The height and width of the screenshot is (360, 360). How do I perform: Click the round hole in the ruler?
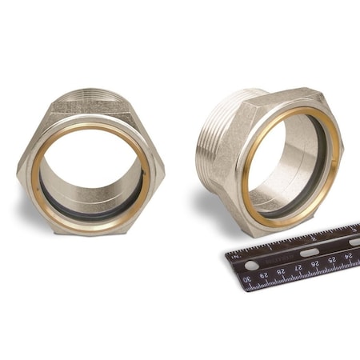252,265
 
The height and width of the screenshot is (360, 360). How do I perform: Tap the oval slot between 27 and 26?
309,253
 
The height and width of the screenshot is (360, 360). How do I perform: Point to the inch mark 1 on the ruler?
270,247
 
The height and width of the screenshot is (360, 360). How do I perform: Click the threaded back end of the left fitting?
92,97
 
